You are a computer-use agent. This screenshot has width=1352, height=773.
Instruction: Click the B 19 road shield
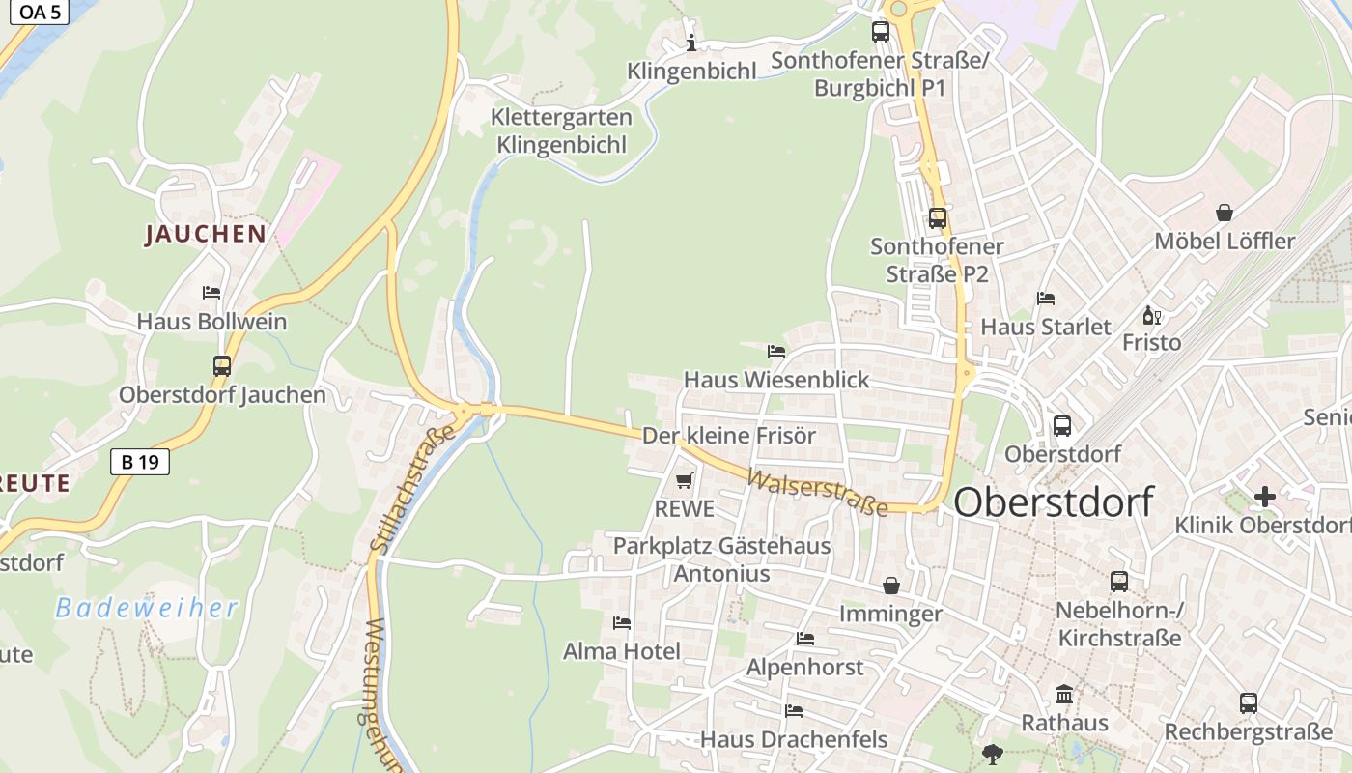click(x=140, y=462)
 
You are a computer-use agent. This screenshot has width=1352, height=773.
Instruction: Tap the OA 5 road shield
click(x=40, y=13)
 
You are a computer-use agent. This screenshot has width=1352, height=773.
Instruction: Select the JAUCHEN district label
click(x=205, y=234)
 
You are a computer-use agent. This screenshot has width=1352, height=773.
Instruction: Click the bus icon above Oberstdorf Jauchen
click(x=222, y=366)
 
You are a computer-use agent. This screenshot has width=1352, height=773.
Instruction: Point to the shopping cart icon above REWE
click(x=685, y=480)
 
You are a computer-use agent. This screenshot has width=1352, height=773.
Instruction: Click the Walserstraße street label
click(x=817, y=493)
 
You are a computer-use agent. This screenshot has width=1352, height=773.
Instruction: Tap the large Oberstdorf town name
click(x=1054, y=502)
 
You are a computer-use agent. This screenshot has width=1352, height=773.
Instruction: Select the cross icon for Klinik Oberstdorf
click(x=1264, y=497)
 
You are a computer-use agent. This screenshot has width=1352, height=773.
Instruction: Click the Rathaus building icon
click(x=1064, y=694)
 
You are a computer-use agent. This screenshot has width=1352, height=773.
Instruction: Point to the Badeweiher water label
click(x=146, y=608)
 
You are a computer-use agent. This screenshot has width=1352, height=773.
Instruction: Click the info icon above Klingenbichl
click(x=690, y=43)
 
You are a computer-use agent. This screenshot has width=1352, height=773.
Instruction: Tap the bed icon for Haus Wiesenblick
click(x=776, y=351)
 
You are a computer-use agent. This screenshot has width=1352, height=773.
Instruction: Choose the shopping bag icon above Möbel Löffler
click(x=1224, y=212)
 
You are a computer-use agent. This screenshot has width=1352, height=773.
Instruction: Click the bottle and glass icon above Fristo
click(x=1151, y=315)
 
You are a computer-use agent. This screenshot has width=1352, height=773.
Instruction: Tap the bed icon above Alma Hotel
click(x=622, y=623)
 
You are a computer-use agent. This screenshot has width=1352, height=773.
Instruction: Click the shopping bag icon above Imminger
click(x=890, y=586)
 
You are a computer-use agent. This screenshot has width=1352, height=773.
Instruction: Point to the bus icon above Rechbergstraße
click(x=1248, y=703)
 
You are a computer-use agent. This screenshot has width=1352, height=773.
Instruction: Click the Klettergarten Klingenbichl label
click(x=561, y=131)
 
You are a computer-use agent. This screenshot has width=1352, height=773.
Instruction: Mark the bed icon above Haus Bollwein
click(x=211, y=293)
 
